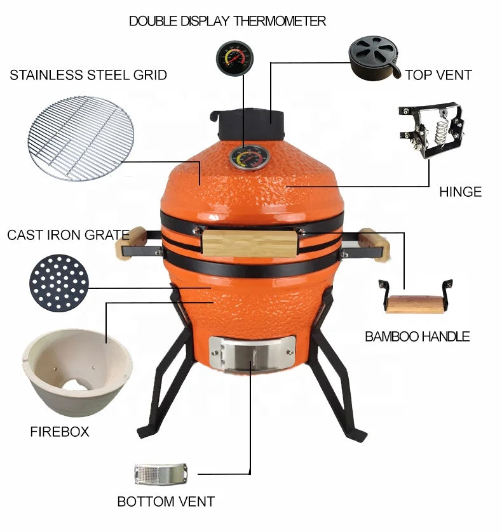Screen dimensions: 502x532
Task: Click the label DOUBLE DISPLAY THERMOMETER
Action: [x=227, y=21]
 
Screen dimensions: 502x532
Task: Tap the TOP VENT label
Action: [x=438, y=75]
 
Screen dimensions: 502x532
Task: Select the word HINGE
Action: [x=460, y=192]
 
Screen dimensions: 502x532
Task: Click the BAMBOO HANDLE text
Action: [x=417, y=336]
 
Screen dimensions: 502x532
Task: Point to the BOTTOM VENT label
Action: [x=166, y=502]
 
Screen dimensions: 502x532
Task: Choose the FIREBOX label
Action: [x=60, y=432]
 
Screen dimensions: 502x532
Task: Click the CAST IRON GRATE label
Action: [x=68, y=235]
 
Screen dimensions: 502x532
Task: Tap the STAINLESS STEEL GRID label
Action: [x=88, y=75]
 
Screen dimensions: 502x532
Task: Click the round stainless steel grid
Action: [x=81, y=138]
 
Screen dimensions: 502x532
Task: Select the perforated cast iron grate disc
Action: [x=59, y=283]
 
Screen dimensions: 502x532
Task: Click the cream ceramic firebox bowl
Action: [x=78, y=373]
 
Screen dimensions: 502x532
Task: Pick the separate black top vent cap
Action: [x=374, y=58]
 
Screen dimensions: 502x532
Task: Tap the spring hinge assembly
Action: [x=431, y=130]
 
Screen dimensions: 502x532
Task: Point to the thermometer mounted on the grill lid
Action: [x=250, y=158]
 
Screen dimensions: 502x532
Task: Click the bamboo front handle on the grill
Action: [x=250, y=243]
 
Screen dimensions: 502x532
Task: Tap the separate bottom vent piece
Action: [x=161, y=474]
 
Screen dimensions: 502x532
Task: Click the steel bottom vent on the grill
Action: [x=252, y=354]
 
